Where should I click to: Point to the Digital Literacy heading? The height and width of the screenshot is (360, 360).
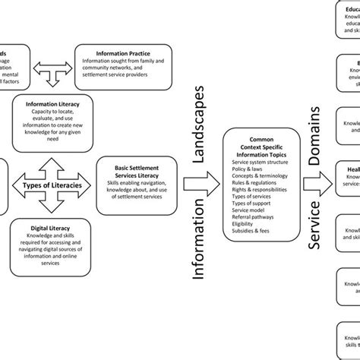(52, 228)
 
